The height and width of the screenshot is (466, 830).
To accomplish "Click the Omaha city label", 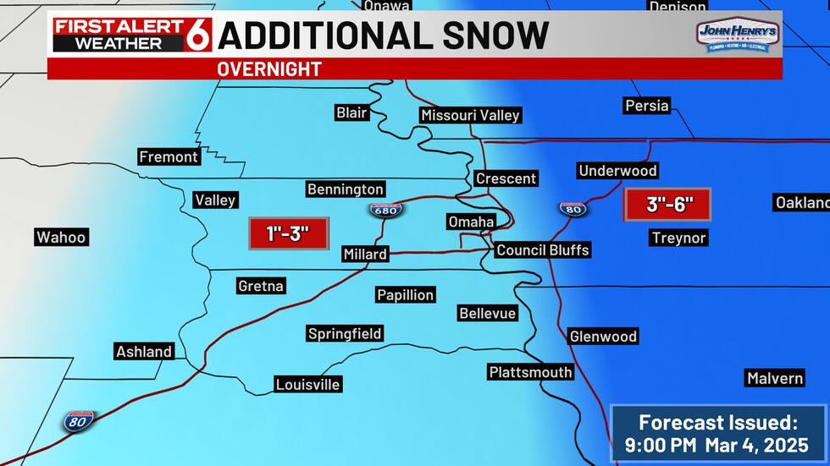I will pos(471,222).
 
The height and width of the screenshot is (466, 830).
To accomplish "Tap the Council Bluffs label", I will pos(542,249).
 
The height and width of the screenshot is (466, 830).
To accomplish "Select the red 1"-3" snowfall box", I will pos(288,233).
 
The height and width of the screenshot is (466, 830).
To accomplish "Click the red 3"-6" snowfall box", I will pos(667,204).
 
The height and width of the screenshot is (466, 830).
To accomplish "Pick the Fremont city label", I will pos(169,156).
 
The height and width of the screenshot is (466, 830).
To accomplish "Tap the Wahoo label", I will pos(61,237).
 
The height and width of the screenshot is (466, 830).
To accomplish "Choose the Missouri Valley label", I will pos(470,115).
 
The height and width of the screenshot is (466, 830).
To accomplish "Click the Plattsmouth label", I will pos(530,372).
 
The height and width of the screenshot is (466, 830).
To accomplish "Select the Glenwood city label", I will pos(603,337).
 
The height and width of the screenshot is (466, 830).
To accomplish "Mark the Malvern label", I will pos(774,378).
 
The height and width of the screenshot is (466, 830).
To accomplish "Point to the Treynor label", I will pos(678,238).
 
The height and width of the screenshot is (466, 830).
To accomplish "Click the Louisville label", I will pos(308,385).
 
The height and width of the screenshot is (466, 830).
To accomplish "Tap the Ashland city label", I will pos(144,351).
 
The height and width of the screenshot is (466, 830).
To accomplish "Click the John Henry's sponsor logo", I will pos(733,36).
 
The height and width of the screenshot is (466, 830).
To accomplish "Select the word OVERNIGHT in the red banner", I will pos(269,69).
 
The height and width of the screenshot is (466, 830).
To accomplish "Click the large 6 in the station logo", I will pos(200,35).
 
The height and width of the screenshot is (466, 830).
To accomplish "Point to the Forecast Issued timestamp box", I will pos(719,432).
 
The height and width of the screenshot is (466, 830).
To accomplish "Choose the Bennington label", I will pos(346,189).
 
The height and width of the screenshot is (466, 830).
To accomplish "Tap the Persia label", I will pos(646,106).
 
